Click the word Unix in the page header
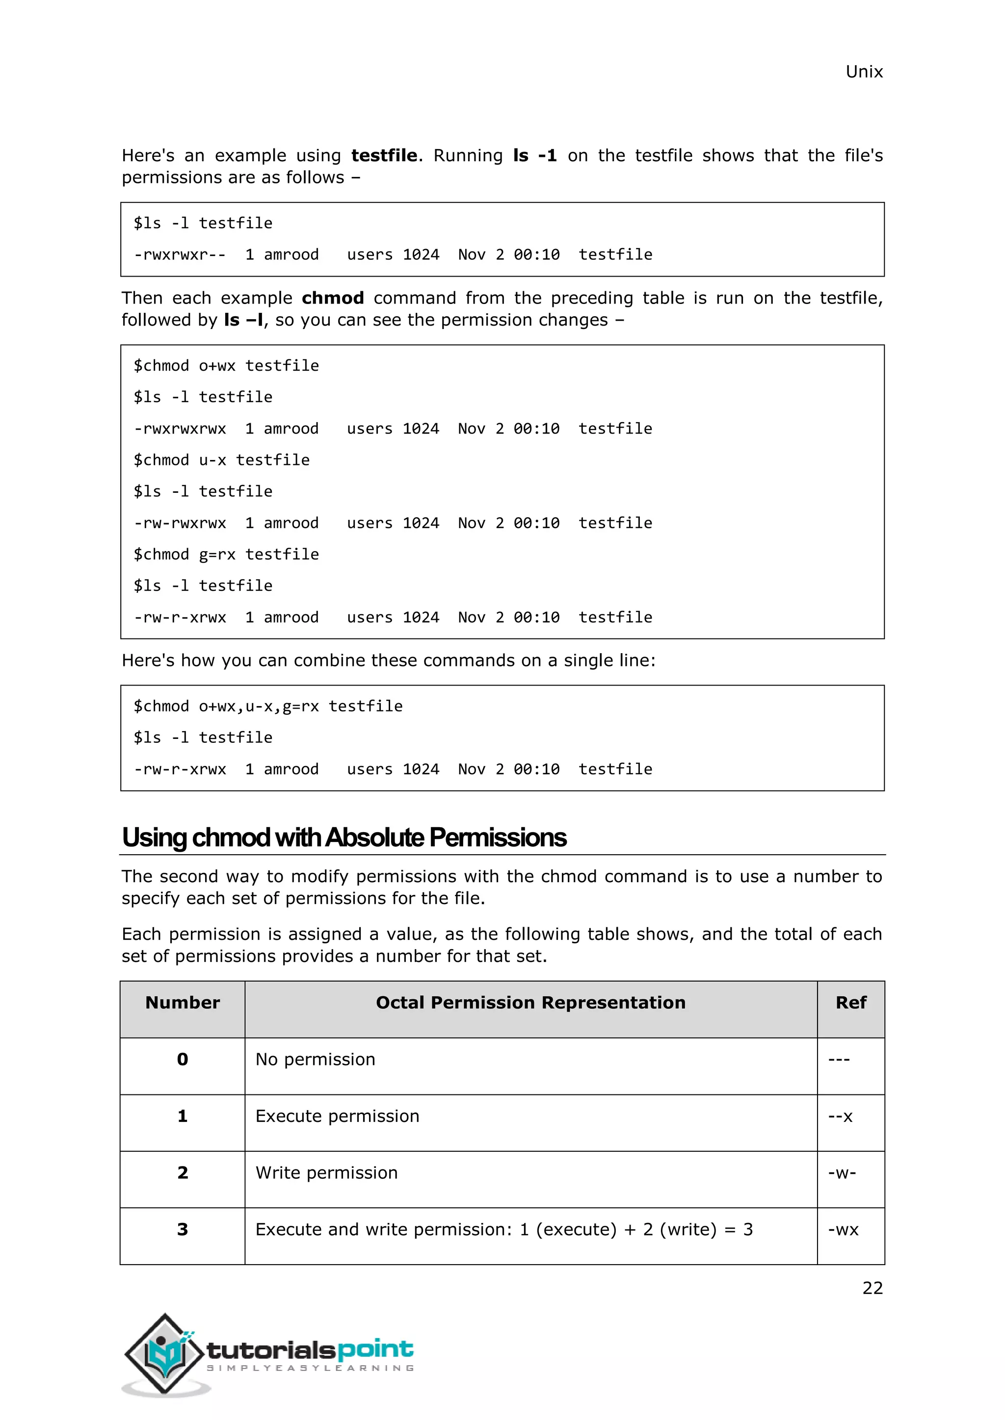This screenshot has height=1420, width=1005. click(863, 72)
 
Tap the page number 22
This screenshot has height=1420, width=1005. click(872, 1288)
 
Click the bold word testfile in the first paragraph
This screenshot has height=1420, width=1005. click(384, 155)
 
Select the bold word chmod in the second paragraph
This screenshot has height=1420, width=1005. click(332, 298)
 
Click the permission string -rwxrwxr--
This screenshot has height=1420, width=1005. click(180, 255)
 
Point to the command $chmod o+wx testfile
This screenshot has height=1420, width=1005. click(226, 365)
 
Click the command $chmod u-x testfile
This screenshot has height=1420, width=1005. click(221, 460)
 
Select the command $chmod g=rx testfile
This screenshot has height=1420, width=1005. click(226, 554)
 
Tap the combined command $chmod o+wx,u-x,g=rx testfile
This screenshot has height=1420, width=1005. click(268, 706)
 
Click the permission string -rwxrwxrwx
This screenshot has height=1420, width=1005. click(180, 429)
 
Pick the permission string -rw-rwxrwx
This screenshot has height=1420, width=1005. click(180, 523)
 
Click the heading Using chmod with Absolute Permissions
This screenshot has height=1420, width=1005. click(344, 837)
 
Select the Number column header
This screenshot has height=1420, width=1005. click(183, 1003)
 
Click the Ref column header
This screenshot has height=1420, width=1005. click(850, 1003)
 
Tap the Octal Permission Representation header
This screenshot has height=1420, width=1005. click(530, 1003)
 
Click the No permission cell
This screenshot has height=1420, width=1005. click(315, 1060)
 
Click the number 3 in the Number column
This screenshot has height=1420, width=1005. click(183, 1230)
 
